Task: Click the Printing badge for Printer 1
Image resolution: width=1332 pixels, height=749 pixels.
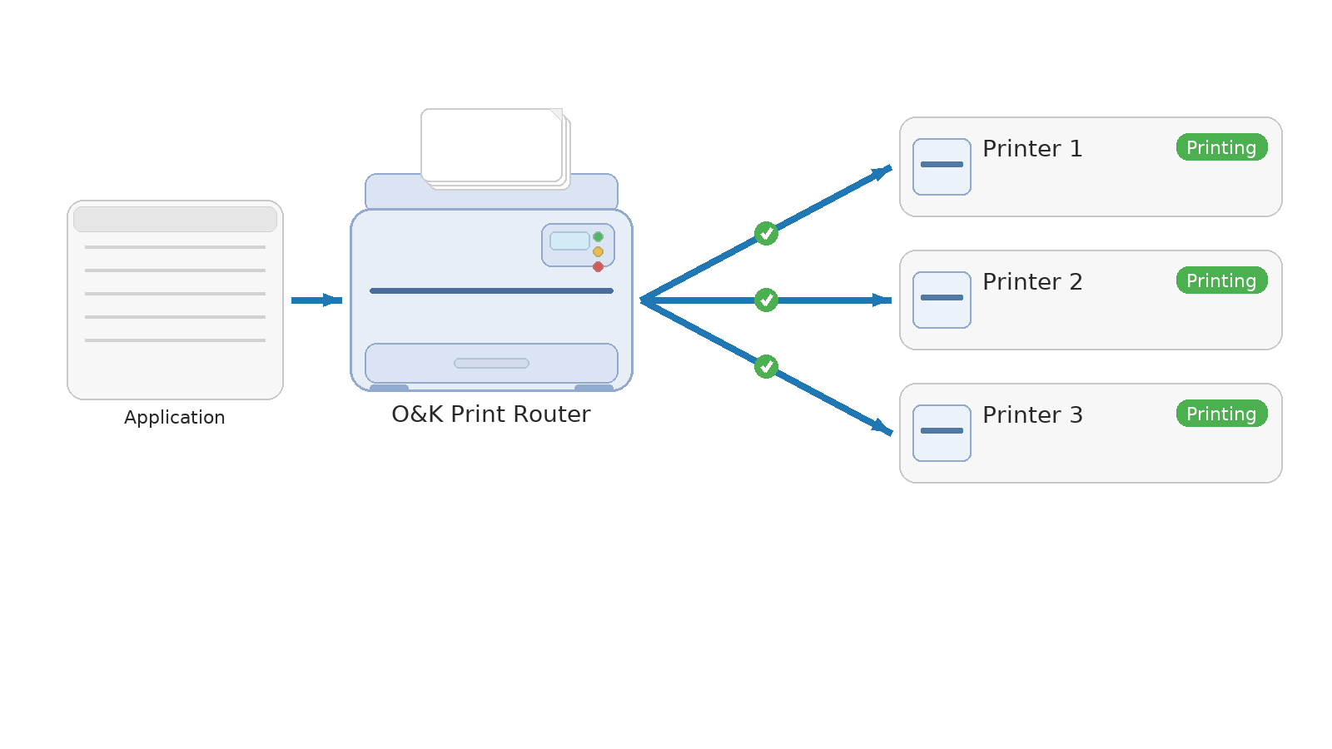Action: [1221, 147]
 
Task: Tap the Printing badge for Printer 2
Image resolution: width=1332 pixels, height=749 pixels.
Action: [1221, 280]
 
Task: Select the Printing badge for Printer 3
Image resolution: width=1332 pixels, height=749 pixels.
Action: [1221, 414]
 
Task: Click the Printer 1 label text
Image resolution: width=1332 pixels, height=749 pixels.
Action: [1032, 149]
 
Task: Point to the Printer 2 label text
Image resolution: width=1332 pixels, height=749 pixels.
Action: [1032, 282]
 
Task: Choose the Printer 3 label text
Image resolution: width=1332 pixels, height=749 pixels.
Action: [1032, 415]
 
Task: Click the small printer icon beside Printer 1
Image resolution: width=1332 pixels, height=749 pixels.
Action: [942, 166]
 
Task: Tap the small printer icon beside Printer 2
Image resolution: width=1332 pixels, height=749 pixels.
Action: [942, 300]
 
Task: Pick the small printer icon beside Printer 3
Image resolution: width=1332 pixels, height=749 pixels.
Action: [942, 433]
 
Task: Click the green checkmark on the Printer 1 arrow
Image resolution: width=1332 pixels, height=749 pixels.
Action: [766, 234]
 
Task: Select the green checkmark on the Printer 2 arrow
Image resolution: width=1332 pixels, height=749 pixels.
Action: [766, 300]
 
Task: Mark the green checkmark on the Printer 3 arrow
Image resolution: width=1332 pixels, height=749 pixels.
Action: [766, 366]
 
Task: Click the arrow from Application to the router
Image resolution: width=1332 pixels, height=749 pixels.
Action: [316, 300]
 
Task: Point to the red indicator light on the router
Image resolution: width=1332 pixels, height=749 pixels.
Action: [598, 267]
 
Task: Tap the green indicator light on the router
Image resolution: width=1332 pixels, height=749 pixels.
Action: [598, 237]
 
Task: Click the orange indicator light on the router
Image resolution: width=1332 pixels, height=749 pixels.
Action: [598, 251]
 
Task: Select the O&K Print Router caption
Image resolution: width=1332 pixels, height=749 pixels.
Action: [491, 414]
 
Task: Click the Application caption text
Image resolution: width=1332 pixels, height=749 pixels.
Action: [175, 418]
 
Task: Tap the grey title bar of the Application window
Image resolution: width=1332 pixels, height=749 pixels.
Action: [175, 220]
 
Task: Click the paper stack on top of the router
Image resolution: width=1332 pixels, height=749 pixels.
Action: [493, 146]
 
